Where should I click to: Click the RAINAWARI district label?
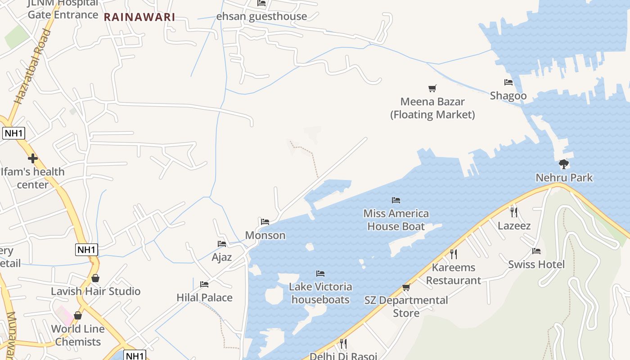(x=139, y=18)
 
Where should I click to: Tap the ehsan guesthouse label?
(x=261, y=16)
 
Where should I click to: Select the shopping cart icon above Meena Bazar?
(x=432, y=88)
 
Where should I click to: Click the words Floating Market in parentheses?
(x=432, y=115)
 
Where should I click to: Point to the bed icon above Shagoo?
(x=508, y=82)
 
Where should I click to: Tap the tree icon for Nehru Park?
(x=564, y=164)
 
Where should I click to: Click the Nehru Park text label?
(x=564, y=178)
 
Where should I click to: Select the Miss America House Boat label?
(x=396, y=220)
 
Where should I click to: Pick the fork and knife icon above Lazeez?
(x=514, y=212)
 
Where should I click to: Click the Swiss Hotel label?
(x=536, y=264)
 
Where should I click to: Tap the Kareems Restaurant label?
(x=454, y=274)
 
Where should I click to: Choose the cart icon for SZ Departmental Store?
(x=406, y=287)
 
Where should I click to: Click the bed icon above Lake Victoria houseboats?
(x=320, y=274)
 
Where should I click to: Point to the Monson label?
(x=265, y=235)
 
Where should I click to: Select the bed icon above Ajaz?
(x=222, y=244)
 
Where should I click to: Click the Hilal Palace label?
(x=204, y=297)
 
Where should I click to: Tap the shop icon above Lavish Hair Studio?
(x=95, y=279)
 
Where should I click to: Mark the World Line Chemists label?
(x=78, y=335)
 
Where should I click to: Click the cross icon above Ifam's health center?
(x=32, y=158)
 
